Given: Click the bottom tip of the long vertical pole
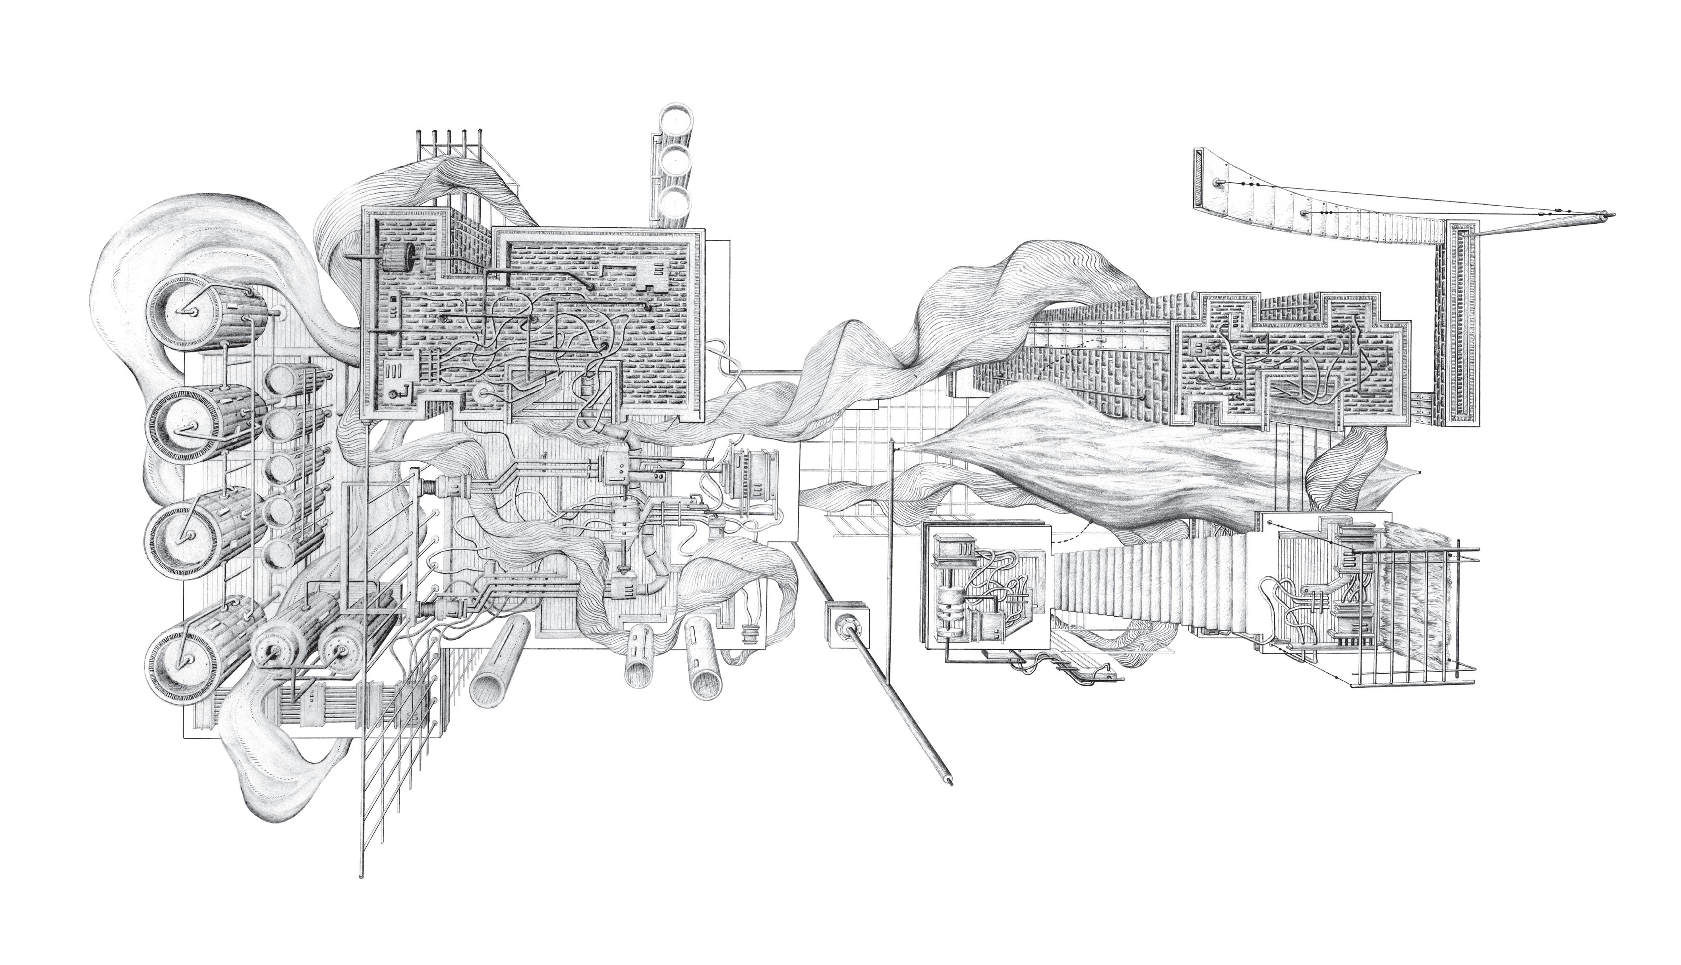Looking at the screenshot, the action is tap(361, 876).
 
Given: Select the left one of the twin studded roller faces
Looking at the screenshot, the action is tap(272, 653).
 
